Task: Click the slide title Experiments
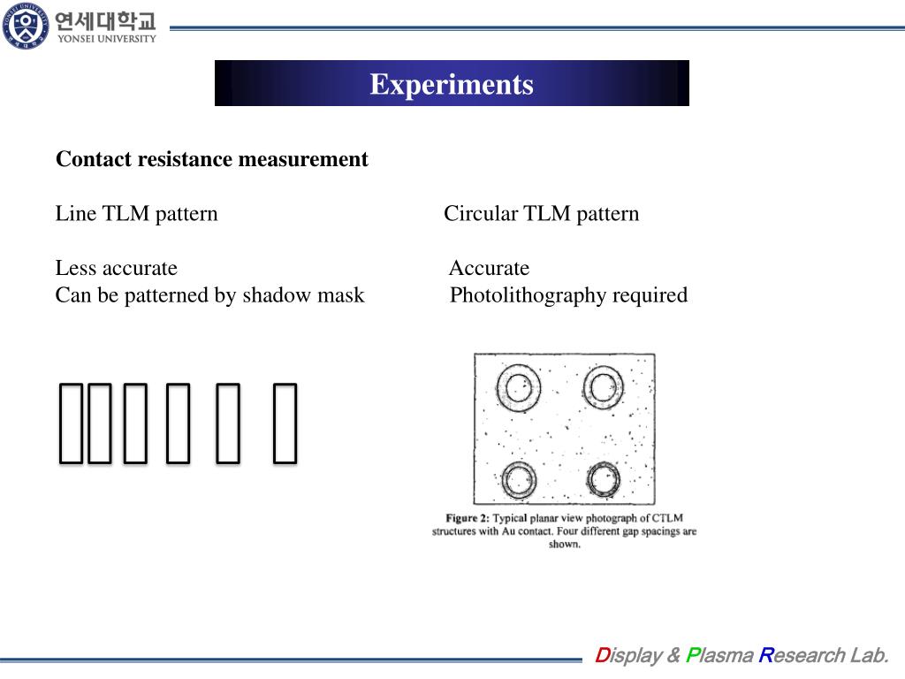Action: (x=452, y=84)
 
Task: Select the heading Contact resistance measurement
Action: (x=212, y=159)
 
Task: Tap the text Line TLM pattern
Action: (x=137, y=214)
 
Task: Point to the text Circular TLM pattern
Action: (x=541, y=214)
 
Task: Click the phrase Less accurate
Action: (x=117, y=268)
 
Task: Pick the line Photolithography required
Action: (x=568, y=295)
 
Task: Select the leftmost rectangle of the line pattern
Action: (x=71, y=423)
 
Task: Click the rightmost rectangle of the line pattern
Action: (x=284, y=423)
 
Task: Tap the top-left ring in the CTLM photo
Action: (x=518, y=386)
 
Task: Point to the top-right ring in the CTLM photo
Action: (x=604, y=386)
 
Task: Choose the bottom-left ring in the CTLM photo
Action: (x=518, y=480)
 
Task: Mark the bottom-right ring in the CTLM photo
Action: (x=604, y=480)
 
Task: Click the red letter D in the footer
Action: (x=602, y=655)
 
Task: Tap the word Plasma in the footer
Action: (x=719, y=655)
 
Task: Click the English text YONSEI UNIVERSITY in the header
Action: (x=106, y=38)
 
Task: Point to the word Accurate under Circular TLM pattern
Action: (x=489, y=268)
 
